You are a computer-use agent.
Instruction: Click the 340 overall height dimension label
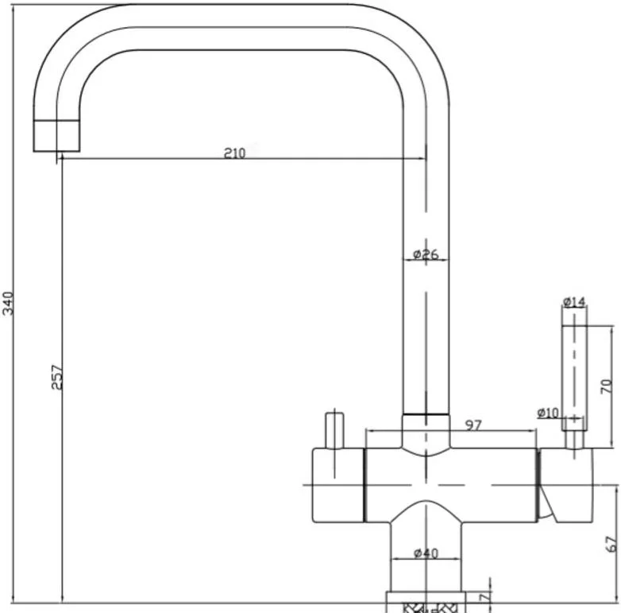click(8, 304)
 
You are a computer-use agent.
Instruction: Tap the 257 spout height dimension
click(57, 378)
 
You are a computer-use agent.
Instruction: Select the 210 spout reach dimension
click(235, 153)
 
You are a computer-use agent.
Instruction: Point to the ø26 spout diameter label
click(426, 254)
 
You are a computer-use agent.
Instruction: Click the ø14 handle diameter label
click(574, 302)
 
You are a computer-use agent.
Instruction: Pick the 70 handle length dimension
click(607, 386)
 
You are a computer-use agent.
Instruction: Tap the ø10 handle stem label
click(548, 413)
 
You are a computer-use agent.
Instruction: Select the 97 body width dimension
click(473, 425)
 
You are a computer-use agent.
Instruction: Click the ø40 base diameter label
click(426, 553)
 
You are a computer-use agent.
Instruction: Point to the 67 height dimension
click(611, 544)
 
